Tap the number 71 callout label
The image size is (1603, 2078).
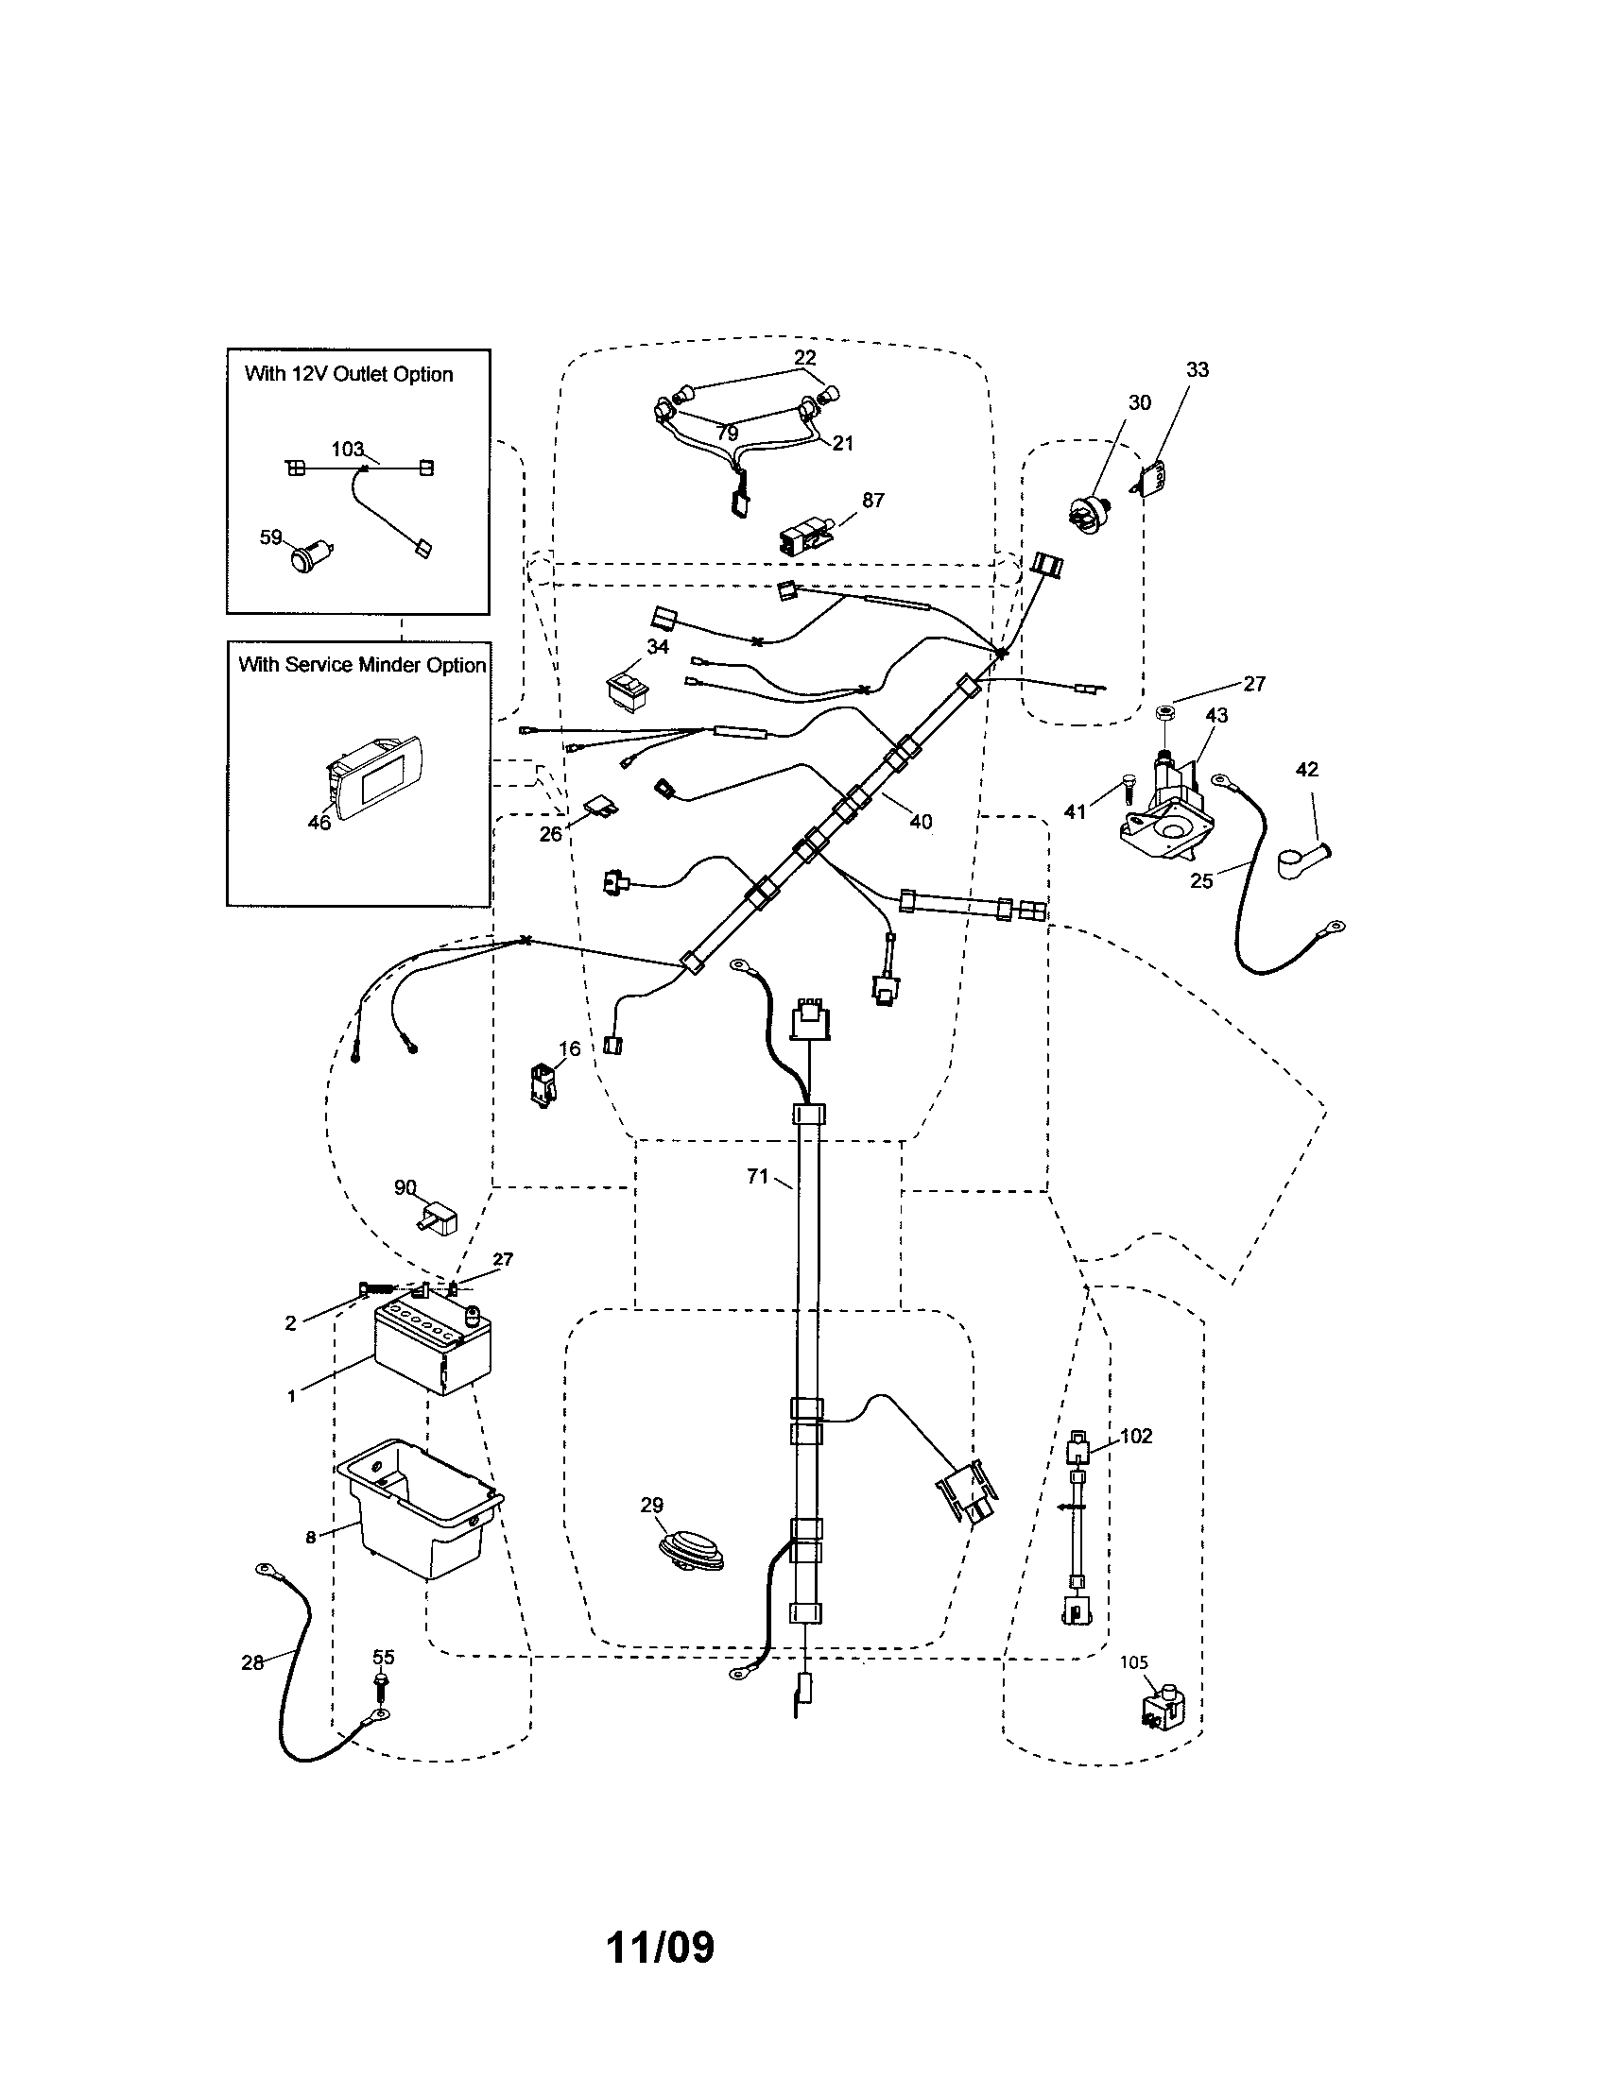click(x=757, y=1177)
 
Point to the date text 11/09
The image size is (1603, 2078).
click(x=660, y=1947)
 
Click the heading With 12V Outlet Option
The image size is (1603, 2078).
click(x=349, y=374)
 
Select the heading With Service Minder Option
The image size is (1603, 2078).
click(x=362, y=665)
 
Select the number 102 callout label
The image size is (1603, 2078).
click(x=1136, y=1435)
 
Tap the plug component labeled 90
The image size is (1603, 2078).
click(x=438, y=1218)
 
